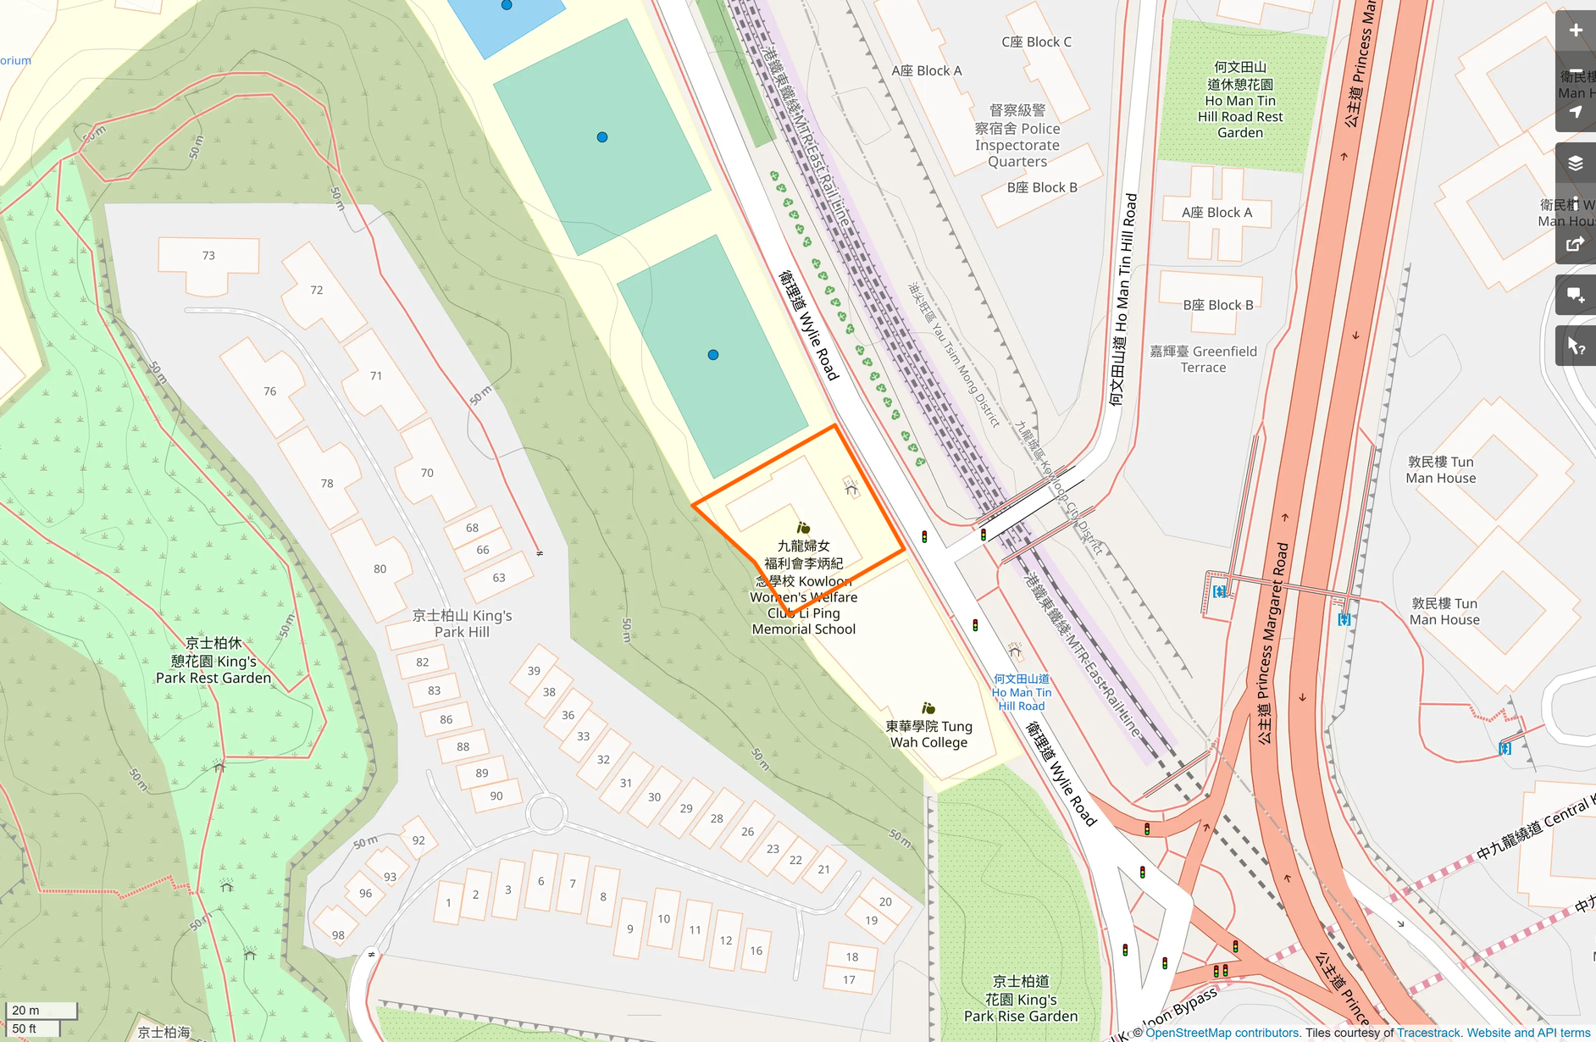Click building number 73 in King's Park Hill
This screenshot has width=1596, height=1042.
coord(208,256)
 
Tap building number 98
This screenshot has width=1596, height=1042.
coord(338,935)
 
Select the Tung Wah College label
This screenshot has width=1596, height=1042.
coord(928,734)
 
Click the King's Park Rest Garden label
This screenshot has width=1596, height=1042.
coord(213,661)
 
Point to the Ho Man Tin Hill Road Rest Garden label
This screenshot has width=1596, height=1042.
coord(1239,100)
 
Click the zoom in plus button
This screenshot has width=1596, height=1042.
coord(1575,31)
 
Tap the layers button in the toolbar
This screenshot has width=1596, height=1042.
coord(1575,164)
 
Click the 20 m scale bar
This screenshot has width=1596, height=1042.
coord(41,1010)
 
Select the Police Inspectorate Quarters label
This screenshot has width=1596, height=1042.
coord(1017,136)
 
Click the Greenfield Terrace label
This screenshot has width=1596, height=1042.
coord(1203,359)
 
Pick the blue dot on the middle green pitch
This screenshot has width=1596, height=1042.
coord(602,137)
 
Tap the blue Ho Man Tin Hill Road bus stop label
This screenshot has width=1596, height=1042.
coord(1022,692)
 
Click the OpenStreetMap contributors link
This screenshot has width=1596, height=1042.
coord(1222,1033)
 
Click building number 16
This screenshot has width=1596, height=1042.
coord(756,951)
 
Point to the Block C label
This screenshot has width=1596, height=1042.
coord(1036,42)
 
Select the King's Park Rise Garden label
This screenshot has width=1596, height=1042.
coord(1021,999)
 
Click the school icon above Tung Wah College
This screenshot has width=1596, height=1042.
coord(928,708)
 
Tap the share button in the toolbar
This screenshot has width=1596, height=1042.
coord(1575,245)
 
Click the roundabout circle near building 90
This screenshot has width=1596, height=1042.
coord(546,813)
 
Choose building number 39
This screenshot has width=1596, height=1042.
coord(534,671)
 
